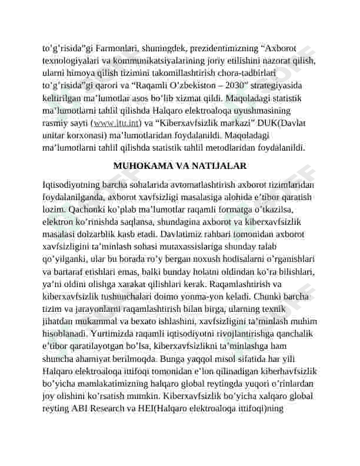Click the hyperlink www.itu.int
[x=116, y=123]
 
